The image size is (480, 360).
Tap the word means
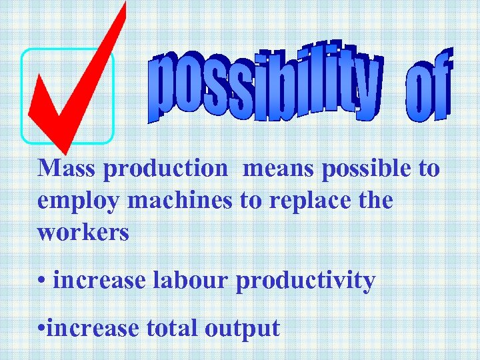279,168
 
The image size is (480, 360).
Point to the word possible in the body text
367,169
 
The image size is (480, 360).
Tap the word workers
83,232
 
